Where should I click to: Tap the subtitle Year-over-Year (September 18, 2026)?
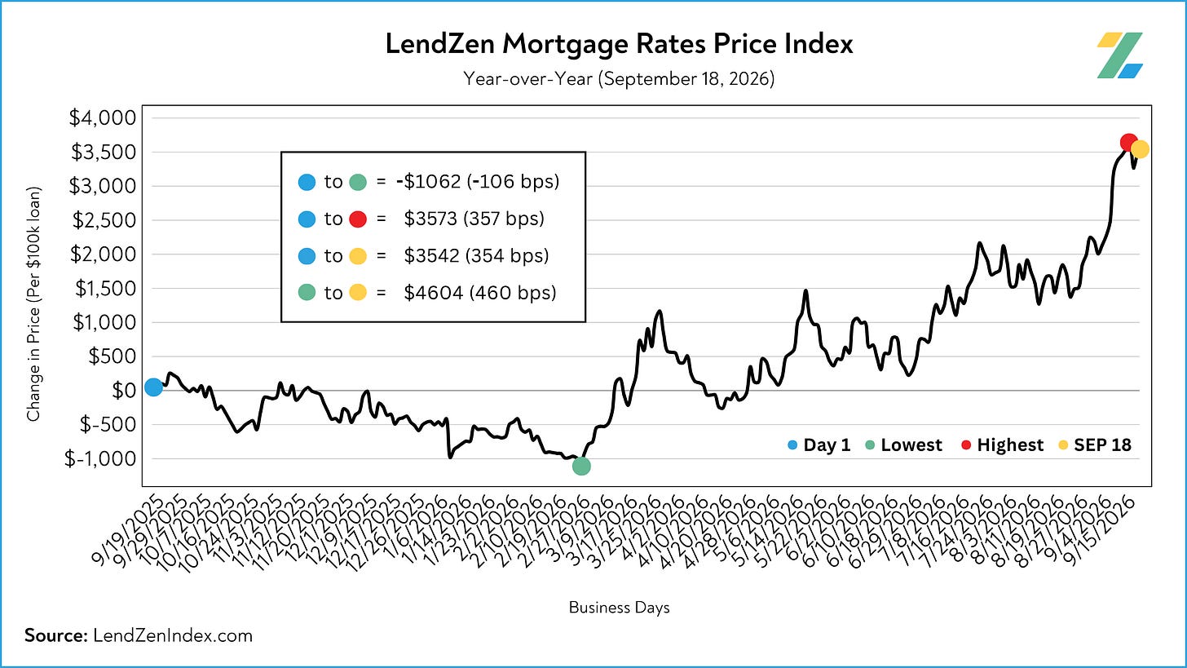pyautogui.click(x=619, y=79)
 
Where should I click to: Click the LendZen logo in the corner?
pyautogui.click(x=1119, y=55)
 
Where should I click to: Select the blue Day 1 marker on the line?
pyautogui.click(x=153, y=387)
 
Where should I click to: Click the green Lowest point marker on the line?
pyautogui.click(x=581, y=466)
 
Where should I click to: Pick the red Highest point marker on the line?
pyautogui.click(x=1128, y=143)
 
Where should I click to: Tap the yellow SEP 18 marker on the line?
pyautogui.click(x=1140, y=149)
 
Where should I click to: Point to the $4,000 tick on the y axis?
pyautogui.click(x=102, y=117)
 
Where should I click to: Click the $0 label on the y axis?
pyautogui.click(x=124, y=390)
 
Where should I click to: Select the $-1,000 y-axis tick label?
pyautogui.click(x=100, y=458)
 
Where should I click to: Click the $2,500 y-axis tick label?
pyautogui.click(x=104, y=220)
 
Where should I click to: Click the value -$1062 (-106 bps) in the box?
pyautogui.click(x=478, y=182)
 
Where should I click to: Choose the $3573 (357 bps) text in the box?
pyautogui.click(x=474, y=219)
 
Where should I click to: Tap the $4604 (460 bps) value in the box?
pyautogui.click(x=480, y=293)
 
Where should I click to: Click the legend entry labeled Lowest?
pyautogui.click(x=904, y=445)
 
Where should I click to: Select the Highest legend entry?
pyautogui.click(x=1003, y=445)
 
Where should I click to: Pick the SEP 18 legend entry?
pyautogui.click(x=1095, y=445)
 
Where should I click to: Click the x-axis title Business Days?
pyautogui.click(x=619, y=608)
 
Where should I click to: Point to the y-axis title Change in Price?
pyautogui.click(x=33, y=303)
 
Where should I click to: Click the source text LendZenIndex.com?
pyautogui.click(x=173, y=635)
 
